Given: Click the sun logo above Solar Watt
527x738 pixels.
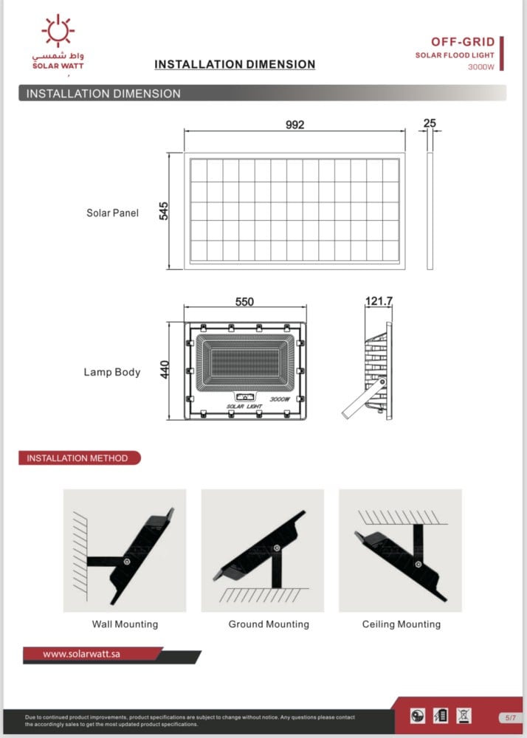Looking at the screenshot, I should [x=58, y=30].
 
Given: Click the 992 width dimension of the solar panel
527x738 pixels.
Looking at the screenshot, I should [x=294, y=125].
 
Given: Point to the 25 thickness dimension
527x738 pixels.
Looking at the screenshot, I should [x=430, y=123].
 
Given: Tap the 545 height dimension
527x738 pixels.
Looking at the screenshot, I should [x=164, y=211].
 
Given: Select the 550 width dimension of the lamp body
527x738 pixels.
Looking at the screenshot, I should [x=244, y=302].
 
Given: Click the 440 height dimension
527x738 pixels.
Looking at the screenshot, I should [x=165, y=370].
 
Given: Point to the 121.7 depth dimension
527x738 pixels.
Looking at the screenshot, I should [x=379, y=301].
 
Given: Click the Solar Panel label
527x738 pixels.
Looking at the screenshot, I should [x=112, y=213].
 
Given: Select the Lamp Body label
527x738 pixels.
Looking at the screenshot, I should [x=111, y=372].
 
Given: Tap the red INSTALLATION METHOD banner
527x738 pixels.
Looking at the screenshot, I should [x=78, y=458].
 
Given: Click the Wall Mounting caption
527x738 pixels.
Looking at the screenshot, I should [x=125, y=624].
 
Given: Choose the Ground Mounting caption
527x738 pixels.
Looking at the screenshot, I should [x=269, y=624].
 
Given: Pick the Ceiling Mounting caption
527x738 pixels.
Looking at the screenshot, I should [x=401, y=624].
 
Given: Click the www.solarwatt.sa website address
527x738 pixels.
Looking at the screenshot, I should [x=81, y=654].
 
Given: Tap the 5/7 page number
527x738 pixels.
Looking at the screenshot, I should [x=511, y=717].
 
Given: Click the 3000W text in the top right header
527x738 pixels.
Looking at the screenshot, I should [x=480, y=67].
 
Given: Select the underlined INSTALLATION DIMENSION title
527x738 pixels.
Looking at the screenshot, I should [x=235, y=65].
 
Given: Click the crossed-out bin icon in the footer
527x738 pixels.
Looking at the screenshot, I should [x=464, y=715].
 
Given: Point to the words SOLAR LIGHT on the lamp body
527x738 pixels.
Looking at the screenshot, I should [x=244, y=407].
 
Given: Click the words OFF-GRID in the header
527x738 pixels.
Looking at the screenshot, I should [x=463, y=42].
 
